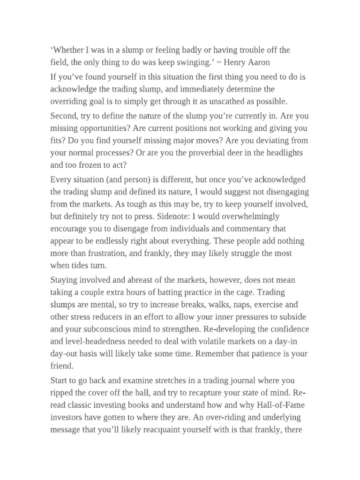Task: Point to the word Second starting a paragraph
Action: click(65, 116)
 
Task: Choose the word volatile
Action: click(205, 342)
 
